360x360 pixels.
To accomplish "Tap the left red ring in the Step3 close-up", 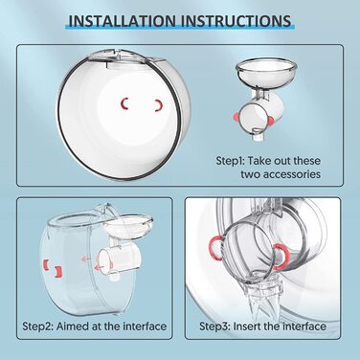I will click(x=223, y=256).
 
